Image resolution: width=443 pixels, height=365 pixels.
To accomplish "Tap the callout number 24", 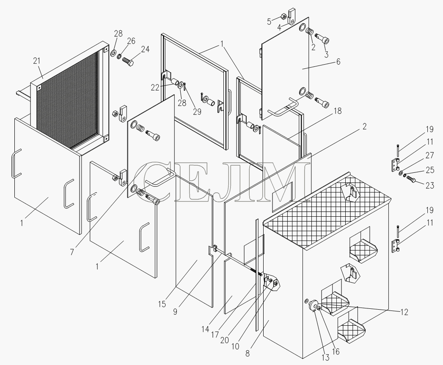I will (x=145, y=49).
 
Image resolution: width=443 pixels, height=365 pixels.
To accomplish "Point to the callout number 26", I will (x=131, y=41).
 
